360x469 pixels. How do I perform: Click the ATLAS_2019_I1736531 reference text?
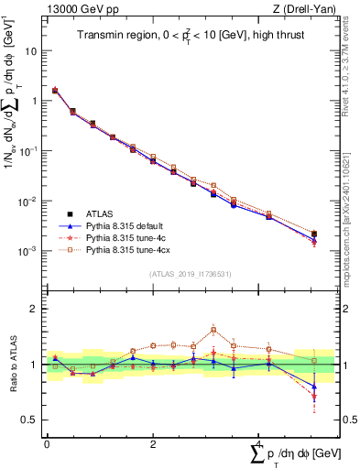191,274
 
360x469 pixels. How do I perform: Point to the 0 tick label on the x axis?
46,442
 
